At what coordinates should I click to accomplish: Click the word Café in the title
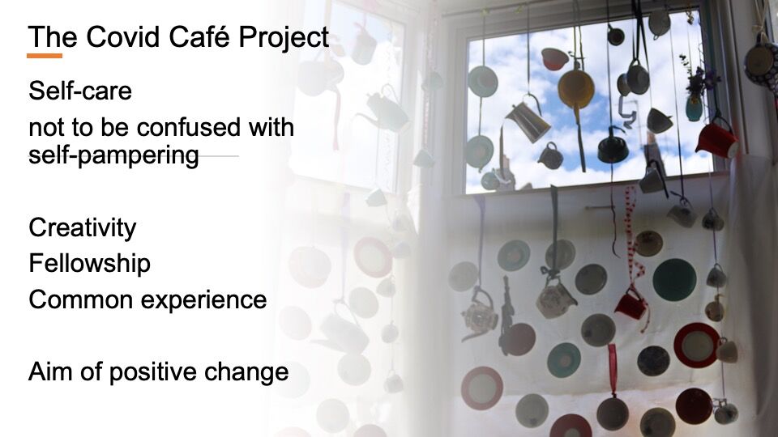(199, 36)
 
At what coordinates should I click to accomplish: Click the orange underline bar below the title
(45, 56)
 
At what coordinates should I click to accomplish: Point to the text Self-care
(80, 91)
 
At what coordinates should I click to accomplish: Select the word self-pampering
(113, 155)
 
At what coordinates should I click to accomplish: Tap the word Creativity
(83, 228)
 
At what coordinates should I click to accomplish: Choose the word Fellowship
(90, 263)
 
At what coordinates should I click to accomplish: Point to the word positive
(153, 372)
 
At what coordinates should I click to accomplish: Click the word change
(246, 372)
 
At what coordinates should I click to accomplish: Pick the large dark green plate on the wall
(674, 279)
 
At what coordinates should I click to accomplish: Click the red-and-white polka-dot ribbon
(634, 248)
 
